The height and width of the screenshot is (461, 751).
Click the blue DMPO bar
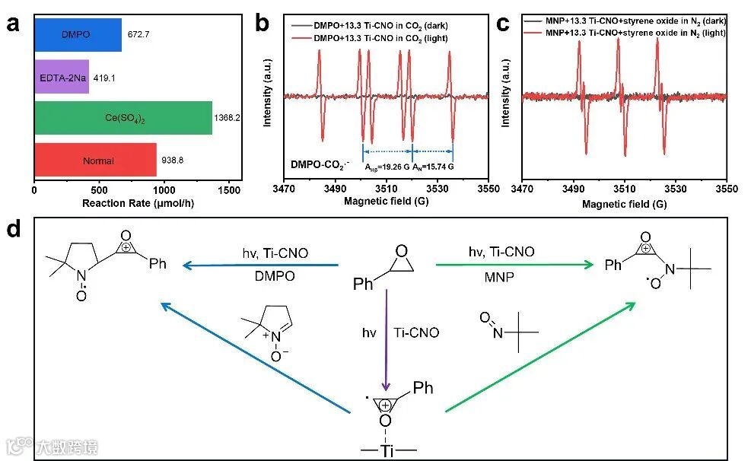[78, 35]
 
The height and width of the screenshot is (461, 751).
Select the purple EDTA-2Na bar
[62, 77]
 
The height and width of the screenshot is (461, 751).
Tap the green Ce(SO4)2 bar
[123, 118]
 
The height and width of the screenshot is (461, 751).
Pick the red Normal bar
[95, 161]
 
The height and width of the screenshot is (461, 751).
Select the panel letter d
[13, 228]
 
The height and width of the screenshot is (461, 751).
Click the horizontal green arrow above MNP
[514, 265]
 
